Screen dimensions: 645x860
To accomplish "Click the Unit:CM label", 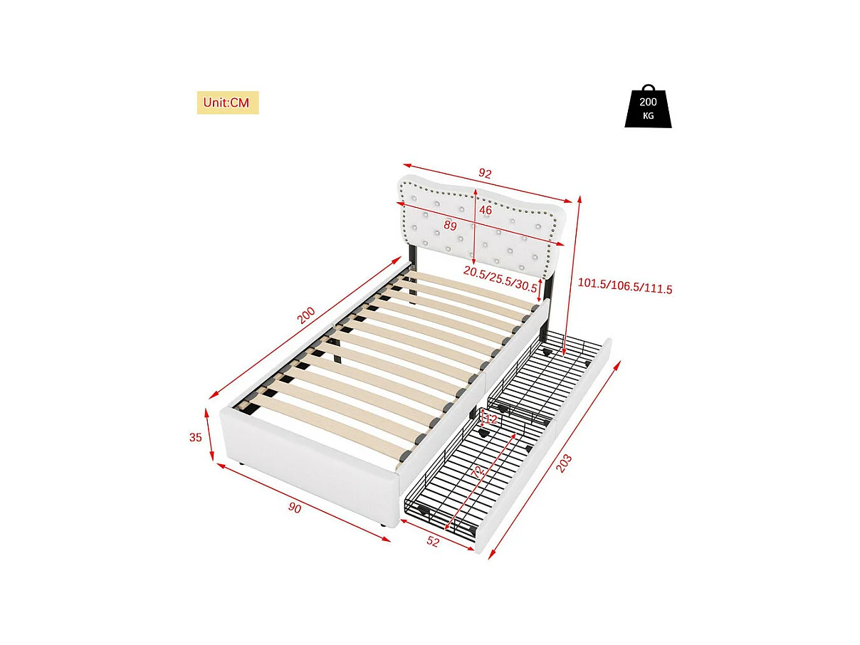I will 227,103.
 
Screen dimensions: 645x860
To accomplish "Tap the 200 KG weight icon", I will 648,108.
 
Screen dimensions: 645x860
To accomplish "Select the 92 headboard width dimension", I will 486,173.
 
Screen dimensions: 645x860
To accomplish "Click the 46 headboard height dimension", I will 486,211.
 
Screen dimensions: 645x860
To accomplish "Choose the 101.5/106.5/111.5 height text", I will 625,288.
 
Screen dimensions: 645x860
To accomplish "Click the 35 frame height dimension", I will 196,438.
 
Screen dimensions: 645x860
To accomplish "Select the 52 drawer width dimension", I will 433,542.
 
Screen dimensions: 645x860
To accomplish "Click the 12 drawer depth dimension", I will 491,420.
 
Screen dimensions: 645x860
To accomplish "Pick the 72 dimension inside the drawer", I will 478,471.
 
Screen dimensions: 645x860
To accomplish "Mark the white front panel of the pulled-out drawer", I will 552,456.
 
